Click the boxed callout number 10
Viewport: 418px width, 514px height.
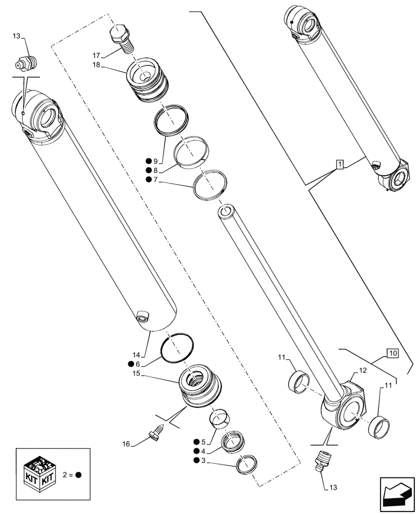tap(392, 353)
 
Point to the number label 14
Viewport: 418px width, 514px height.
tap(135, 355)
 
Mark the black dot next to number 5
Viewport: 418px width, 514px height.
tap(197, 442)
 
